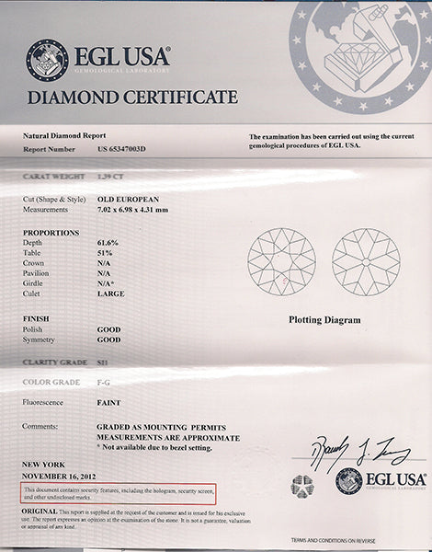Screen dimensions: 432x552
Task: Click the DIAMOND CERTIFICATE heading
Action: click(x=132, y=97)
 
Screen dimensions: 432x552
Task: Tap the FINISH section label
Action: click(x=36, y=317)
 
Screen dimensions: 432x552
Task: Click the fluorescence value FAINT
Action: click(x=108, y=403)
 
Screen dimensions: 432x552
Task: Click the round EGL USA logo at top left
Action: click(x=46, y=57)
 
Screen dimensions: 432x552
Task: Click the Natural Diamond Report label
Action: click(x=61, y=135)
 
